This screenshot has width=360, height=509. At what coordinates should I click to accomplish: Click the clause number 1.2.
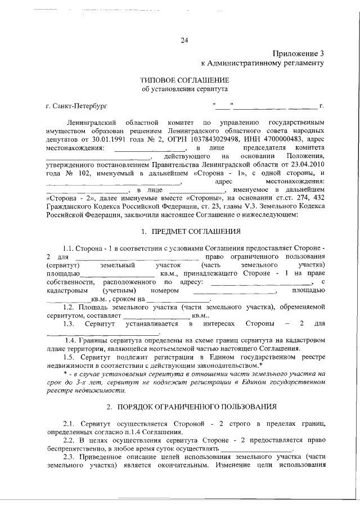coord(70,308)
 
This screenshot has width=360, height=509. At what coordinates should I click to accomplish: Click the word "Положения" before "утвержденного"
coord(304,156)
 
